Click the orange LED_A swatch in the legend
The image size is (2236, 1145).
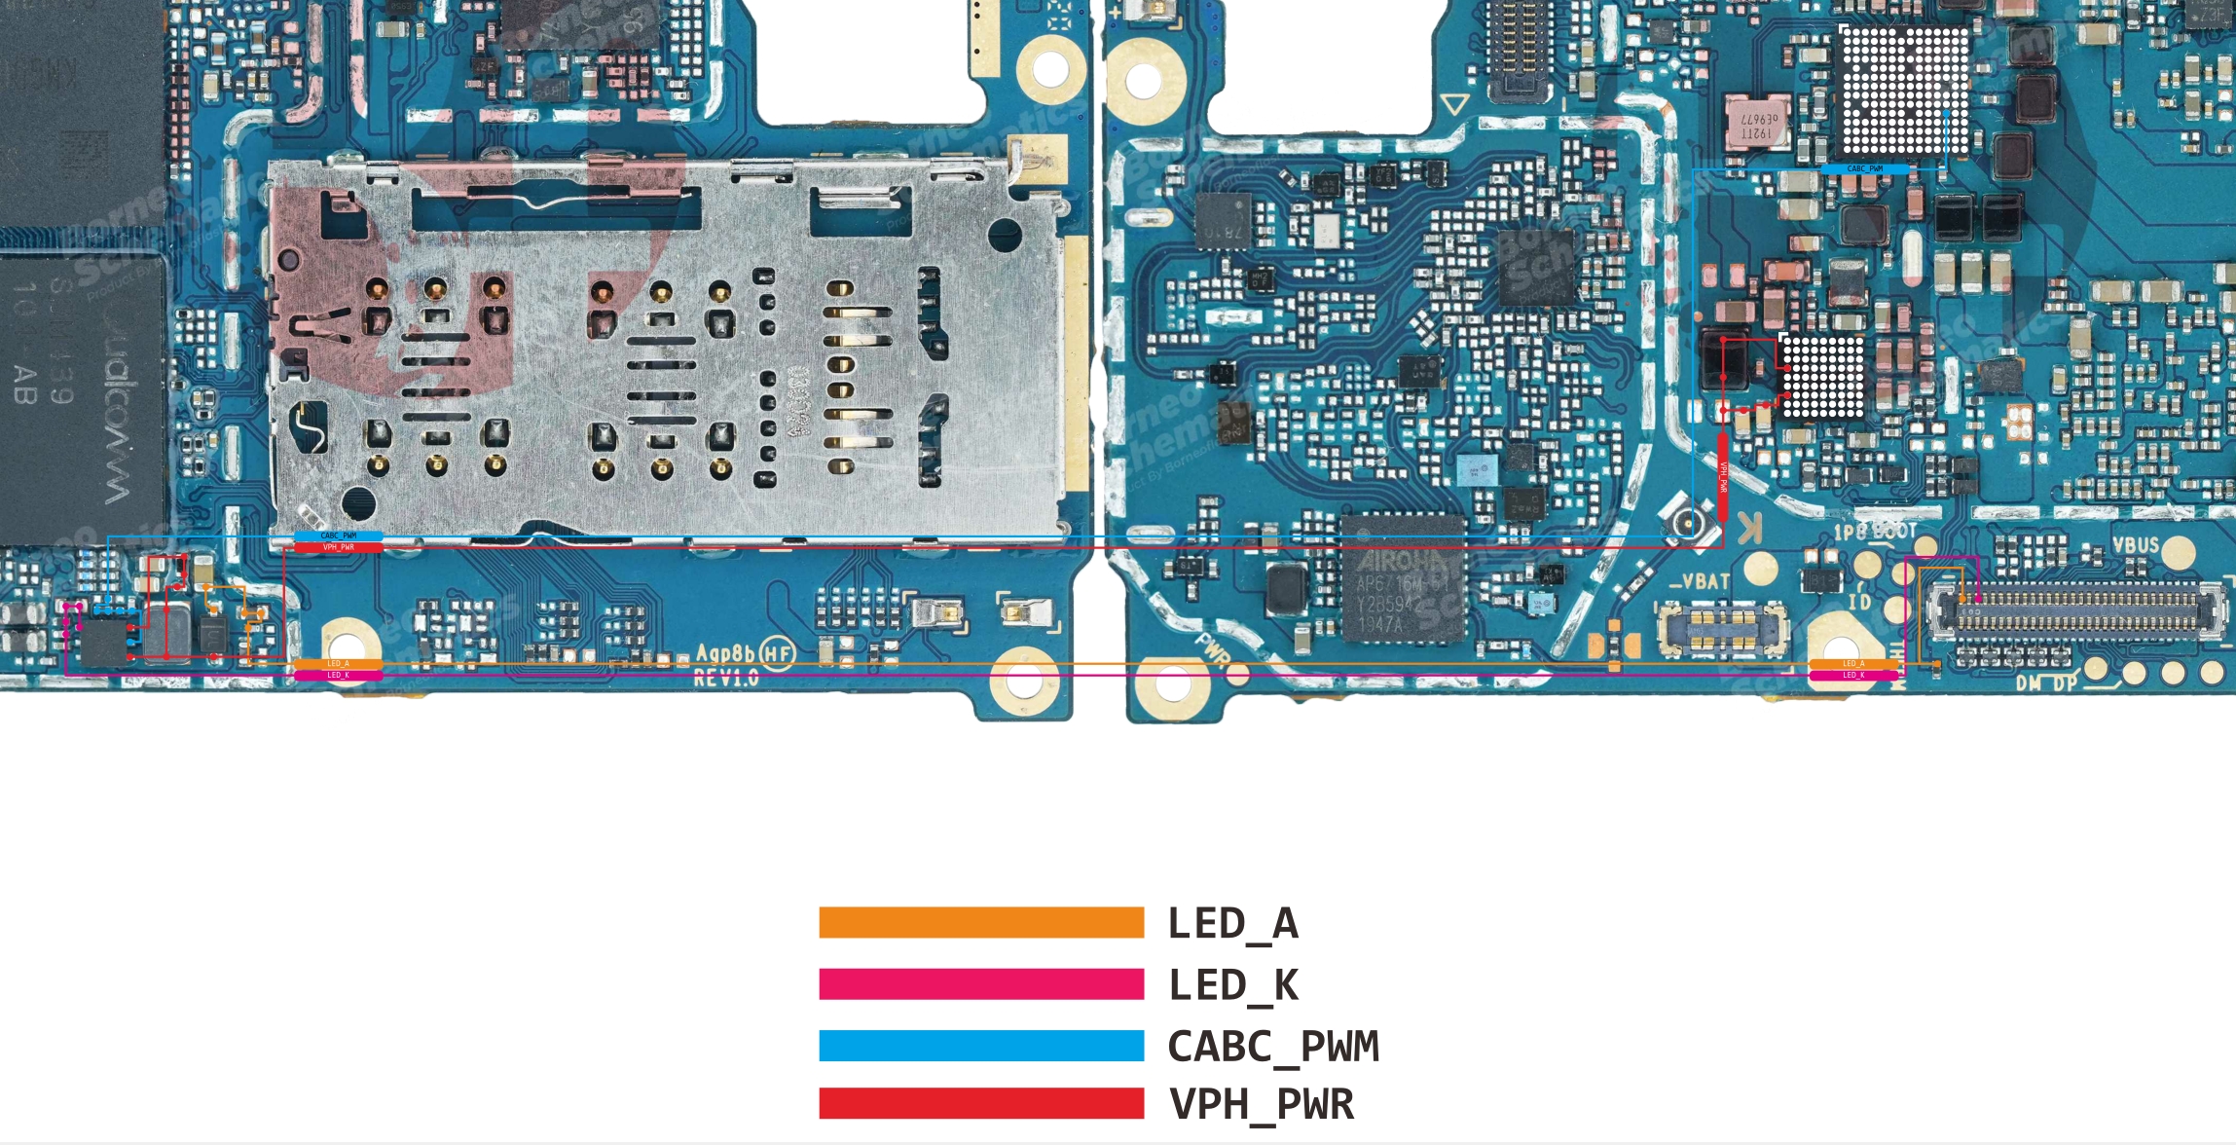click(x=981, y=922)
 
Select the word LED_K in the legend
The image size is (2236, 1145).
click(x=1233, y=985)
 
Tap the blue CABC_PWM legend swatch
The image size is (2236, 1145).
click(x=981, y=1045)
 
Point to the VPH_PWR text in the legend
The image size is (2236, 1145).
click(x=1262, y=1105)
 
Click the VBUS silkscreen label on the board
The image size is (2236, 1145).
click(x=2135, y=545)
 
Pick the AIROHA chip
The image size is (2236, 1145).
click(x=1403, y=578)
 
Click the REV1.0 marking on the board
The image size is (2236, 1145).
click(x=725, y=678)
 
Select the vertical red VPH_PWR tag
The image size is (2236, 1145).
click(x=1723, y=477)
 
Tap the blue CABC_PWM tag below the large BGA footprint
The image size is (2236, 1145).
click(x=1864, y=169)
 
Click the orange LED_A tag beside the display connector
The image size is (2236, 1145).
click(x=1852, y=664)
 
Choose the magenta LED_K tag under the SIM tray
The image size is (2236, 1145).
click(x=338, y=675)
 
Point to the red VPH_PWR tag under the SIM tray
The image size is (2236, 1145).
click(x=338, y=547)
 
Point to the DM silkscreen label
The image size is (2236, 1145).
click(x=2027, y=683)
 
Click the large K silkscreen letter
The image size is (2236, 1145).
click(x=1749, y=530)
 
